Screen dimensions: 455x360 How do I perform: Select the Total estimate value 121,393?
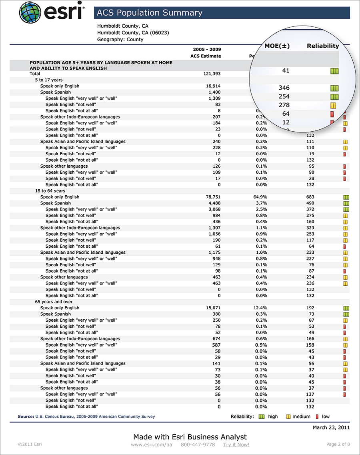(212, 74)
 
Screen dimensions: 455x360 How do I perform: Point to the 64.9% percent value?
(260, 197)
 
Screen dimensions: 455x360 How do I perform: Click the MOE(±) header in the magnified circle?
(277, 46)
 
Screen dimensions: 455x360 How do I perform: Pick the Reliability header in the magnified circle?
(323, 46)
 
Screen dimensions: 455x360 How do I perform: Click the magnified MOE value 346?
(284, 88)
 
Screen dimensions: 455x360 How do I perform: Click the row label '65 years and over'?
(54, 302)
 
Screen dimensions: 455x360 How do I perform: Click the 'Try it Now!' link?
(236, 445)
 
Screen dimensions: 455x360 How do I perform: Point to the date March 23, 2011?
(331, 427)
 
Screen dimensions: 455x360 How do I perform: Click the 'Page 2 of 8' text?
(338, 445)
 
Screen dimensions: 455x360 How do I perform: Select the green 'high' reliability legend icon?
(262, 417)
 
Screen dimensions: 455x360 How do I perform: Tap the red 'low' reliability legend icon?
(318, 417)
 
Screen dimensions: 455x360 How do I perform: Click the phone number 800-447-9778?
(198, 445)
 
